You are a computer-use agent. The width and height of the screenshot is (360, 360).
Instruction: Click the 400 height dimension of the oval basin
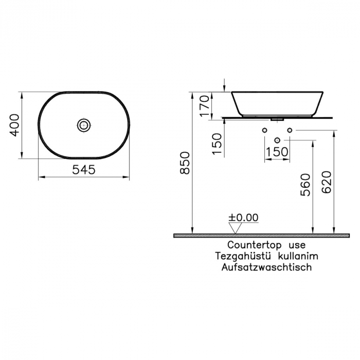pos(15,125)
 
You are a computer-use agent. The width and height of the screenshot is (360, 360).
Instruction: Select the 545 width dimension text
pos(83,170)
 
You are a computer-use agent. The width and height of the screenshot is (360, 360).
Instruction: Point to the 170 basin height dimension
pos(205,106)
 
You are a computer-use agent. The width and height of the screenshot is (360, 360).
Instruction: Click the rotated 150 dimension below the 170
pos(217,145)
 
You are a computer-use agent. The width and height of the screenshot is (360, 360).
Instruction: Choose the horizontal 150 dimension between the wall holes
pos(277,153)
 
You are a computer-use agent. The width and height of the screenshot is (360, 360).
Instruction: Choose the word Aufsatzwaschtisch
pos(266,267)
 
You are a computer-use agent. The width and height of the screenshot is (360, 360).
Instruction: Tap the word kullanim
pos(297,256)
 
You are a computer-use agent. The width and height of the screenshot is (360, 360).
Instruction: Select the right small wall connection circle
pos(290,130)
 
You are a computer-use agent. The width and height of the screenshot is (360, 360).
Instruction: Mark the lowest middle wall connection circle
pos(277,140)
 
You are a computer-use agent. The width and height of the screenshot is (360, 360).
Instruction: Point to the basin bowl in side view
pos(277,103)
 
